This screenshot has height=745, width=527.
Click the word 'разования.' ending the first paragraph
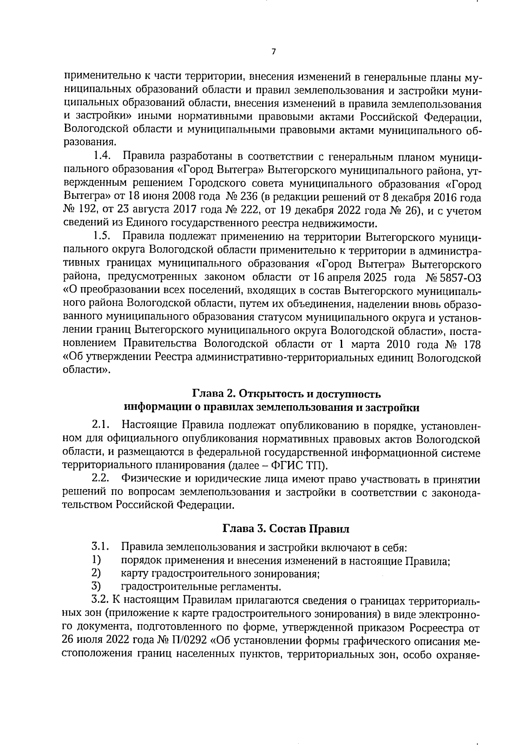point(90,143)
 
